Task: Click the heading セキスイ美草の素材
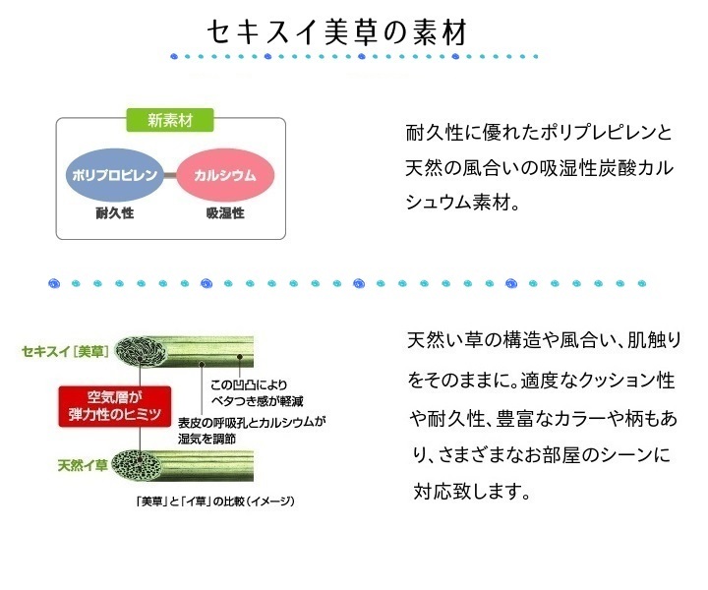click(x=337, y=32)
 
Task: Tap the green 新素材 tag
click(x=170, y=120)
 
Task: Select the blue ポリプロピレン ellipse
click(x=115, y=175)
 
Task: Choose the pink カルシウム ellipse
click(x=225, y=175)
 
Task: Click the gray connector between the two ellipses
click(x=170, y=175)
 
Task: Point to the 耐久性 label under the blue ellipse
click(x=115, y=212)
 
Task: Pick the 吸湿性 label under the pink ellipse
click(x=225, y=212)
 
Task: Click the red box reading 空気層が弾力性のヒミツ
click(x=115, y=406)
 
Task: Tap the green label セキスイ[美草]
click(x=66, y=351)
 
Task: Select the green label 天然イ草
click(x=83, y=465)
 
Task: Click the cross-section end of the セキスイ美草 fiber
click(x=140, y=351)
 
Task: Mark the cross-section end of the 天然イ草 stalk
click(x=137, y=464)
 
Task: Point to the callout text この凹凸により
click(x=249, y=384)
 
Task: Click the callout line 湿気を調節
click(x=206, y=439)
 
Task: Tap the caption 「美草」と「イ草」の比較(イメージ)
click(x=215, y=501)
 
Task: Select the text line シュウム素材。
click(x=462, y=202)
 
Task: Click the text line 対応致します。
click(x=471, y=491)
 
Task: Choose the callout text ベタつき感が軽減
click(x=257, y=401)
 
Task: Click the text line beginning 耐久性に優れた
click(x=539, y=133)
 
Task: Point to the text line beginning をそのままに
click(x=541, y=381)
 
